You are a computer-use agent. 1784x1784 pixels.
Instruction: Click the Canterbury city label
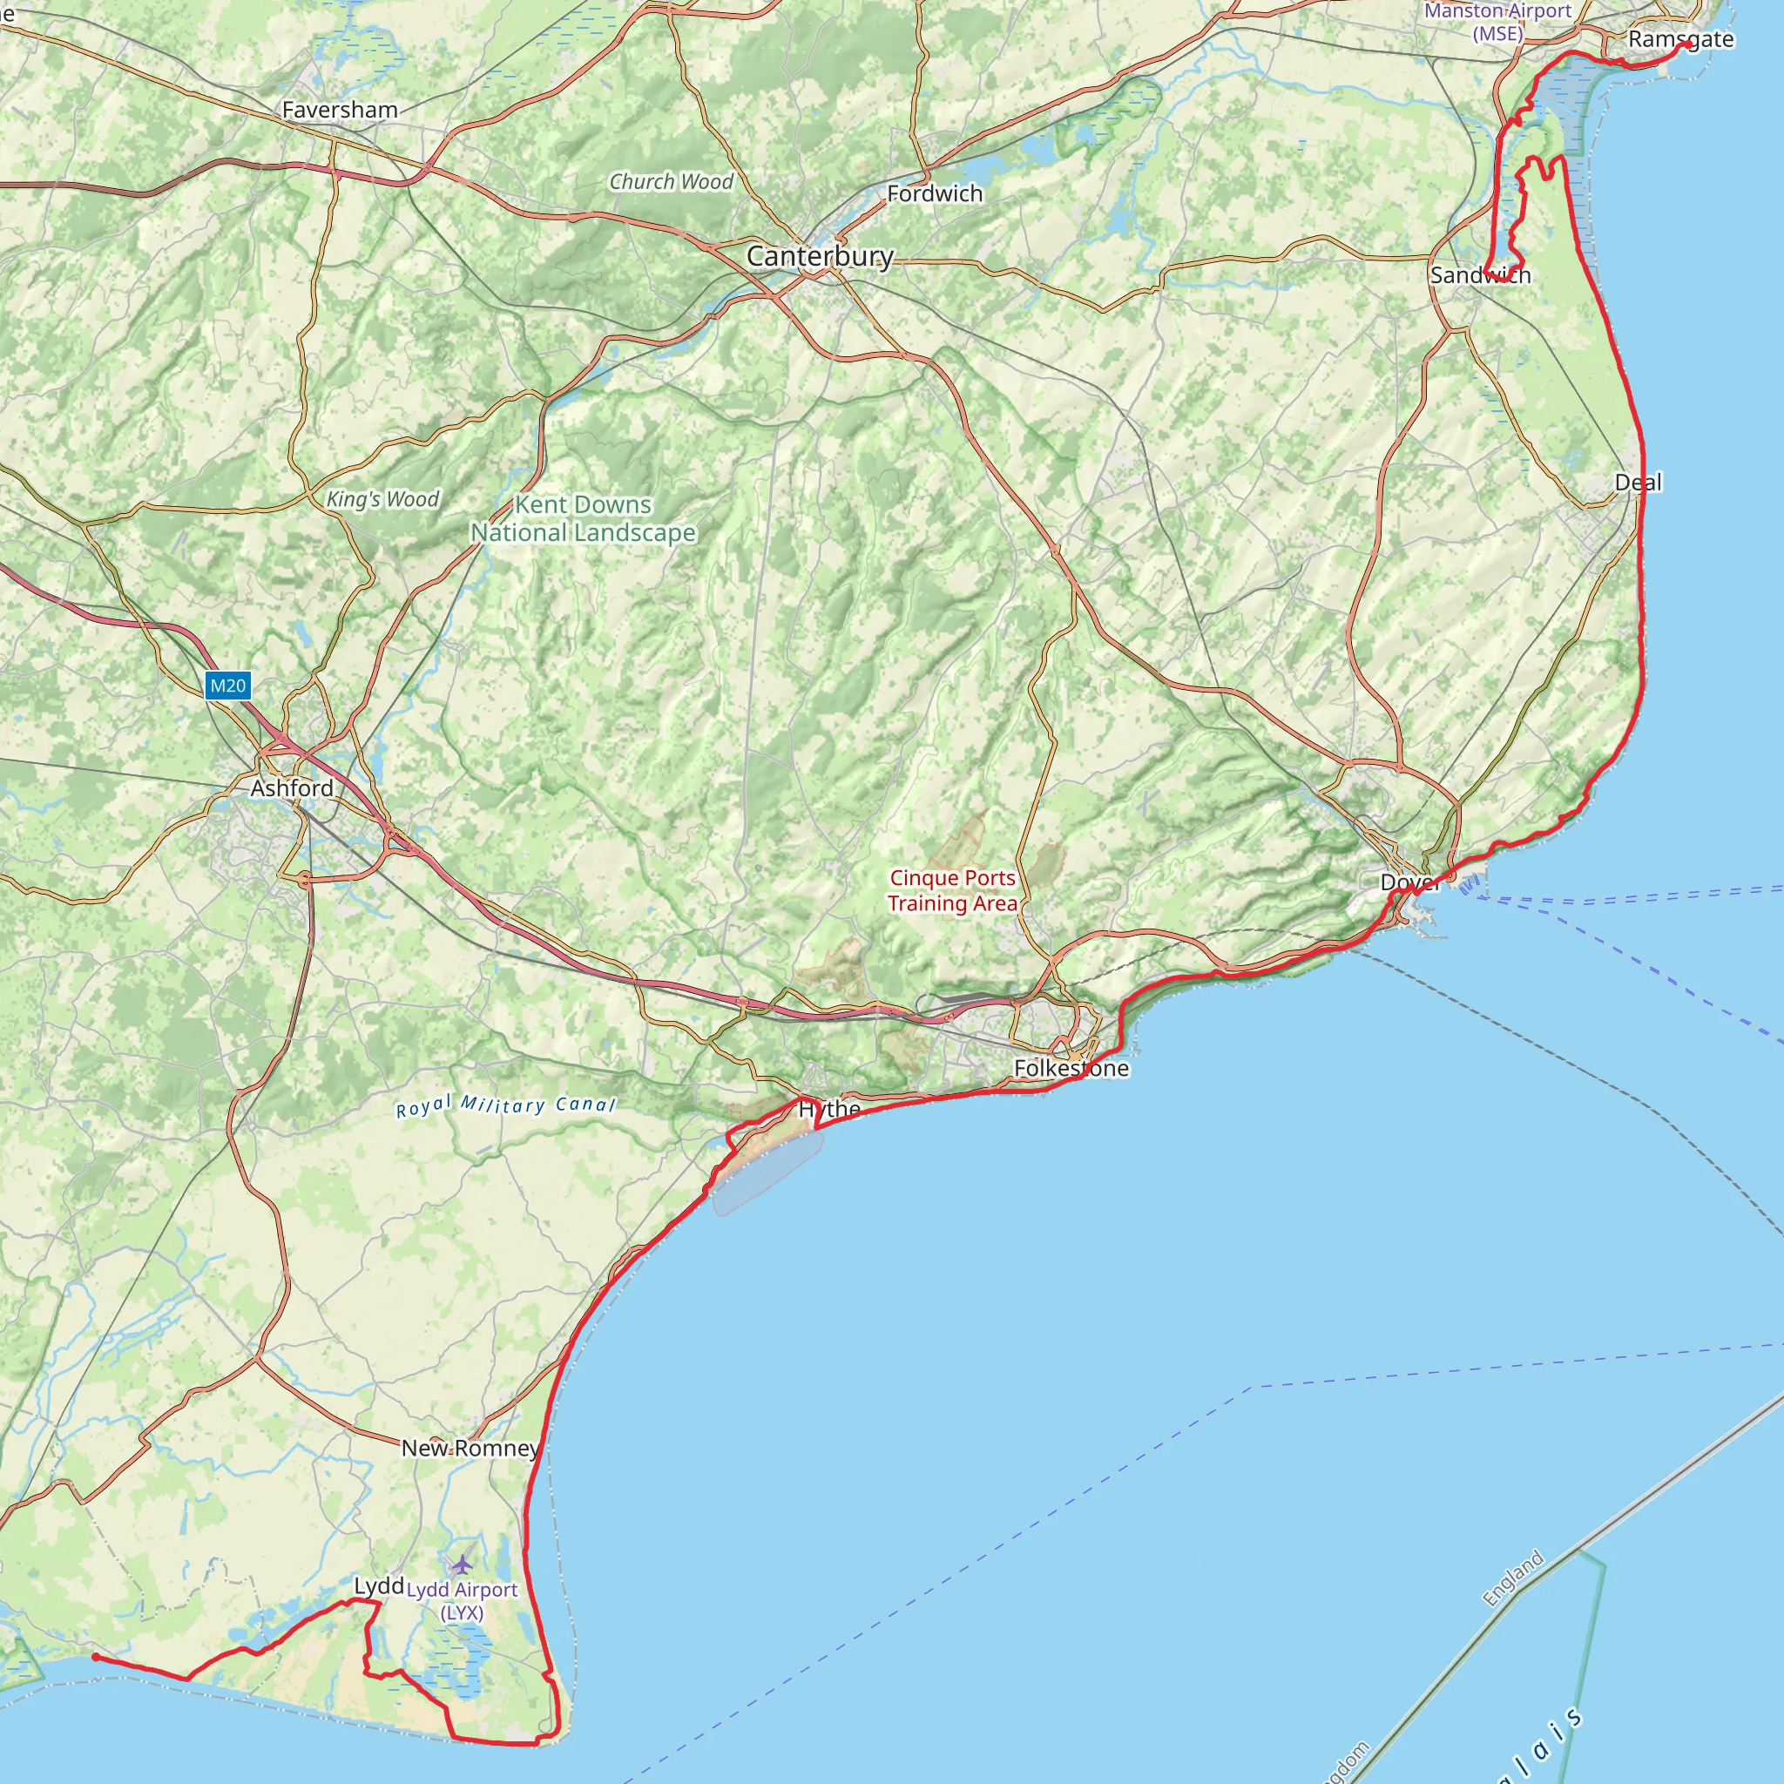[819, 257]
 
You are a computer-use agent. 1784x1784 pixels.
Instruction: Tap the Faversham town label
[340, 110]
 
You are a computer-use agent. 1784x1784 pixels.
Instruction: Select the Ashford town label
[292, 787]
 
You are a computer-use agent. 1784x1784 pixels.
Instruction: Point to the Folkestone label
[1071, 1068]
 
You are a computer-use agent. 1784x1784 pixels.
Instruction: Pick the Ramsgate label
[1680, 40]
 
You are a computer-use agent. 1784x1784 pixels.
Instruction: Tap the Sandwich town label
[1480, 275]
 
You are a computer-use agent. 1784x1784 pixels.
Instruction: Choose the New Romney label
[470, 1448]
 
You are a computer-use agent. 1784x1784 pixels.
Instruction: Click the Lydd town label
[379, 1585]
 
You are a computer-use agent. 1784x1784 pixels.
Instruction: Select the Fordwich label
[935, 194]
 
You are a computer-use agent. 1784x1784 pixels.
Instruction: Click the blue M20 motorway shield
[227, 686]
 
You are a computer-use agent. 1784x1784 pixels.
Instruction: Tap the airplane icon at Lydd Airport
[462, 1564]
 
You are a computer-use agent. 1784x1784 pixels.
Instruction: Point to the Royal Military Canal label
[505, 1105]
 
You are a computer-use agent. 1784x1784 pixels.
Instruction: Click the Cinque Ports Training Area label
[952, 890]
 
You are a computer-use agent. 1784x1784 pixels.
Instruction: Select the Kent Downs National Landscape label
[583, 519]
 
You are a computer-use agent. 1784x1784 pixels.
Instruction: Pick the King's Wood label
[382, 499]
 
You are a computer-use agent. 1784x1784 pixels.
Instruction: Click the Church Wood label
[671, 182]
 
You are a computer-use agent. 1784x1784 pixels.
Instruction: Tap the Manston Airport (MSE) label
[1497, 21]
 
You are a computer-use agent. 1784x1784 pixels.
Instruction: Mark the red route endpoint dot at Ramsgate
[1687, 44]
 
